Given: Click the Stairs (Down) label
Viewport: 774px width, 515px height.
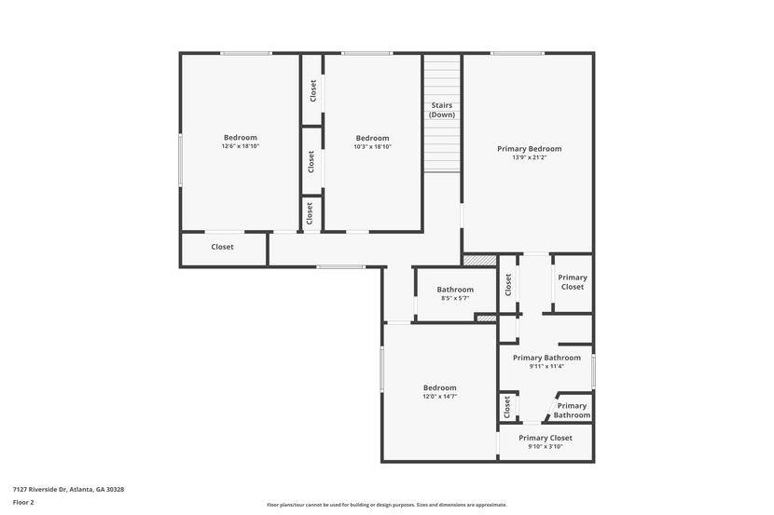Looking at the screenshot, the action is pos(442,110).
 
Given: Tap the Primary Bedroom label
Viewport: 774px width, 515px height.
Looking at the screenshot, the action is pos(529,149).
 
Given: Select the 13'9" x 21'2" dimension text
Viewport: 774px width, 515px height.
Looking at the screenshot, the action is pos(529,157).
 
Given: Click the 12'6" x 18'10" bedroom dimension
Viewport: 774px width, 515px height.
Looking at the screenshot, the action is pos(241,146).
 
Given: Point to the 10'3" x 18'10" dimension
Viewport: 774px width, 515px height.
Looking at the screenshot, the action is pos(372,147).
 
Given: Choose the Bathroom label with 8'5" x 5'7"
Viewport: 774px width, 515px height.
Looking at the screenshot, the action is pos(455,290).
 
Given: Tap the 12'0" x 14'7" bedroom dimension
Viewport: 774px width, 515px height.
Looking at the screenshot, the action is pos(439,396).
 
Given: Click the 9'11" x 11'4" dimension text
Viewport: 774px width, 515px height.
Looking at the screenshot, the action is pos(546,367).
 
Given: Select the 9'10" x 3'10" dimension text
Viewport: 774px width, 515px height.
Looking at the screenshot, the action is pos(546,447).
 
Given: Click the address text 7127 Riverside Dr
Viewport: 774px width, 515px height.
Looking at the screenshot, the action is pos(39,489).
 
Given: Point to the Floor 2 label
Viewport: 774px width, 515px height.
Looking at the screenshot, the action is pos(23,503).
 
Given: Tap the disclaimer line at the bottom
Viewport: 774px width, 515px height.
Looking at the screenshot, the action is pos(387,505).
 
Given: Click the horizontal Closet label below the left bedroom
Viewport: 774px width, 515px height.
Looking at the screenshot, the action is pos(222,247).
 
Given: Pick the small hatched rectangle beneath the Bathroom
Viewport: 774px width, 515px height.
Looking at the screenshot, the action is pos(486,318).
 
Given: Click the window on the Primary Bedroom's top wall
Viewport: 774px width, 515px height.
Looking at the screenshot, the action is pos(518,53).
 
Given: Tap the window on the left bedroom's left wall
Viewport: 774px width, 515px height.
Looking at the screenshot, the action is pos(181,159).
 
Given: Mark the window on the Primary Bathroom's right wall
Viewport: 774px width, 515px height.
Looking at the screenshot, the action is pos(593,371).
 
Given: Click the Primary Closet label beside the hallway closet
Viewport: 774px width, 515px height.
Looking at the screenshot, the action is pos(573,282).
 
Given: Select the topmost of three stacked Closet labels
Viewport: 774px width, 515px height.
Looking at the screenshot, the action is pos(313,91).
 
